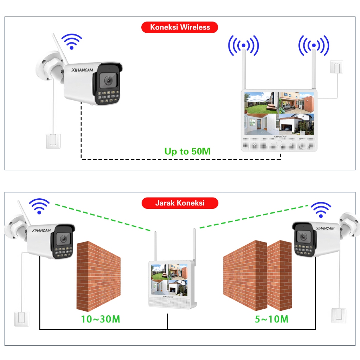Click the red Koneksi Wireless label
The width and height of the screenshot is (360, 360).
coord(180,27)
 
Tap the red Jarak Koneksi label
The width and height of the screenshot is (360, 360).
coord(180,203)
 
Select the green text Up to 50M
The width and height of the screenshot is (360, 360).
coord(187,152)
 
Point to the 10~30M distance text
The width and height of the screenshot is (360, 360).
coord(101,319)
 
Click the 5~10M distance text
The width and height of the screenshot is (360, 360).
coord(271,319)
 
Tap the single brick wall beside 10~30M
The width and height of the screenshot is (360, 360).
coord(98,276)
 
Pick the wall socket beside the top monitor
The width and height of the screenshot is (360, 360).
coord(336,67)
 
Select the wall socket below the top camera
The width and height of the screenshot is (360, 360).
coord(53,141)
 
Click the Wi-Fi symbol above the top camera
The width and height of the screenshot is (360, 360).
coord(72,41)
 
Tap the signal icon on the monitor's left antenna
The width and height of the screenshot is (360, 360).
coord(243,45)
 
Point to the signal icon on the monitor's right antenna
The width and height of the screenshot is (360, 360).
coord(314,45)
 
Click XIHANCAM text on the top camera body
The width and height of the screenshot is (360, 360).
coord(82,70)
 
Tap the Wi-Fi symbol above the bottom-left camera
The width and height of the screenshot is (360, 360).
coord(39,206)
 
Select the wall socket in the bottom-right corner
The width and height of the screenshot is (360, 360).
coord(338,316)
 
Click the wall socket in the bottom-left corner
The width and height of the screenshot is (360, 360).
coord(21,318)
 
